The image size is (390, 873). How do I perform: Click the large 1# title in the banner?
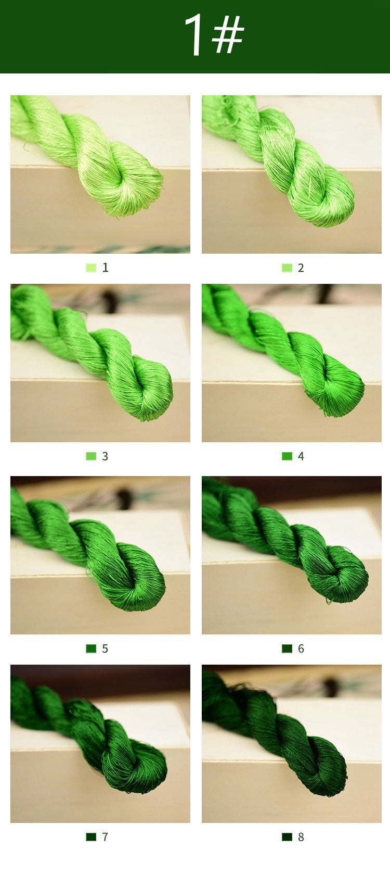pos(214,34)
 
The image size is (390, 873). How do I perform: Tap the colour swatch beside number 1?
pos(91,268)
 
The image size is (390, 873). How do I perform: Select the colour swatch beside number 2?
pos(287,268)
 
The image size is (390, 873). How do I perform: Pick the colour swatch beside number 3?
pos(91,456)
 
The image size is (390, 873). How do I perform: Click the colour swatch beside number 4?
pos(287,456)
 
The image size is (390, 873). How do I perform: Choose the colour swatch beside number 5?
pos(91,648)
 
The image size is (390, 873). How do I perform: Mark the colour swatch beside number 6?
pos(287,648)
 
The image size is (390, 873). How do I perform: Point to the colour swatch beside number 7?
pos(91,837)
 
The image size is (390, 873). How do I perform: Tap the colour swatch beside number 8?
pos(287,837)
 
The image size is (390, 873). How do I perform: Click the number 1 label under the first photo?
pos(105,267)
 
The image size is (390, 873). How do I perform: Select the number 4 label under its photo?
pos(301,456)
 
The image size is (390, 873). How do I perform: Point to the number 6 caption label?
pos(301,648)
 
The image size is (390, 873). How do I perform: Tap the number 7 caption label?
pos(105,837)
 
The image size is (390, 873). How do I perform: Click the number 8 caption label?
pos(301,837)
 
